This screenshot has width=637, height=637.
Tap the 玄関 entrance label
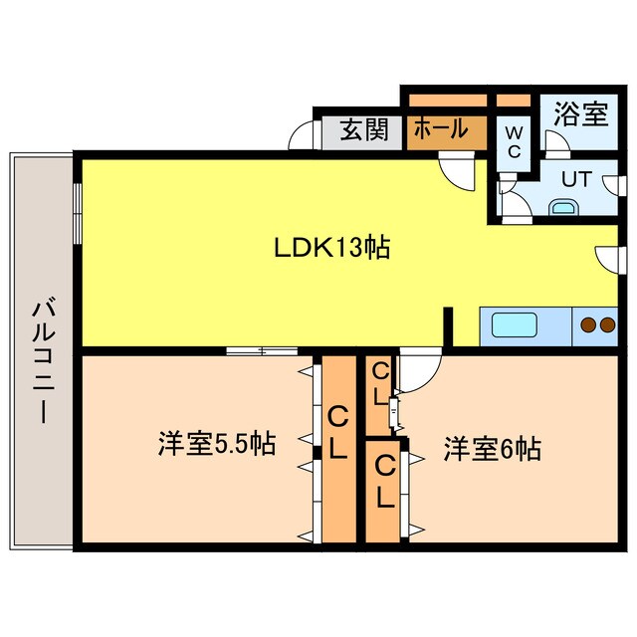click(x=362, y=130)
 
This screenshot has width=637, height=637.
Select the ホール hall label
click(x=439, y=129)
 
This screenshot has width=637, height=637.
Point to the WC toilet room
click(x=515, y=140)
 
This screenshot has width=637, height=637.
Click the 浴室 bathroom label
click(x=581, y=112)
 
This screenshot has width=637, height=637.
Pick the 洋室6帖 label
click(x=492, y=449)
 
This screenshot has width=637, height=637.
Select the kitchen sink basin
click(x=509, y=325)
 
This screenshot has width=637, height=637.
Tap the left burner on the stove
click(x=587, y=323)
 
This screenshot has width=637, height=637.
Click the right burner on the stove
click(x=606, y=323)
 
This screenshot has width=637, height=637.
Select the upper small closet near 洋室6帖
click(x=379, y=384)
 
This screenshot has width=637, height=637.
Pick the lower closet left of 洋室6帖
click(x=386, y=482)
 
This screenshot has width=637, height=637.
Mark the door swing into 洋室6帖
click(x=418, y=368)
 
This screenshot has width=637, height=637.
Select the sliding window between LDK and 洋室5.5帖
click(x=261, y=350)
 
